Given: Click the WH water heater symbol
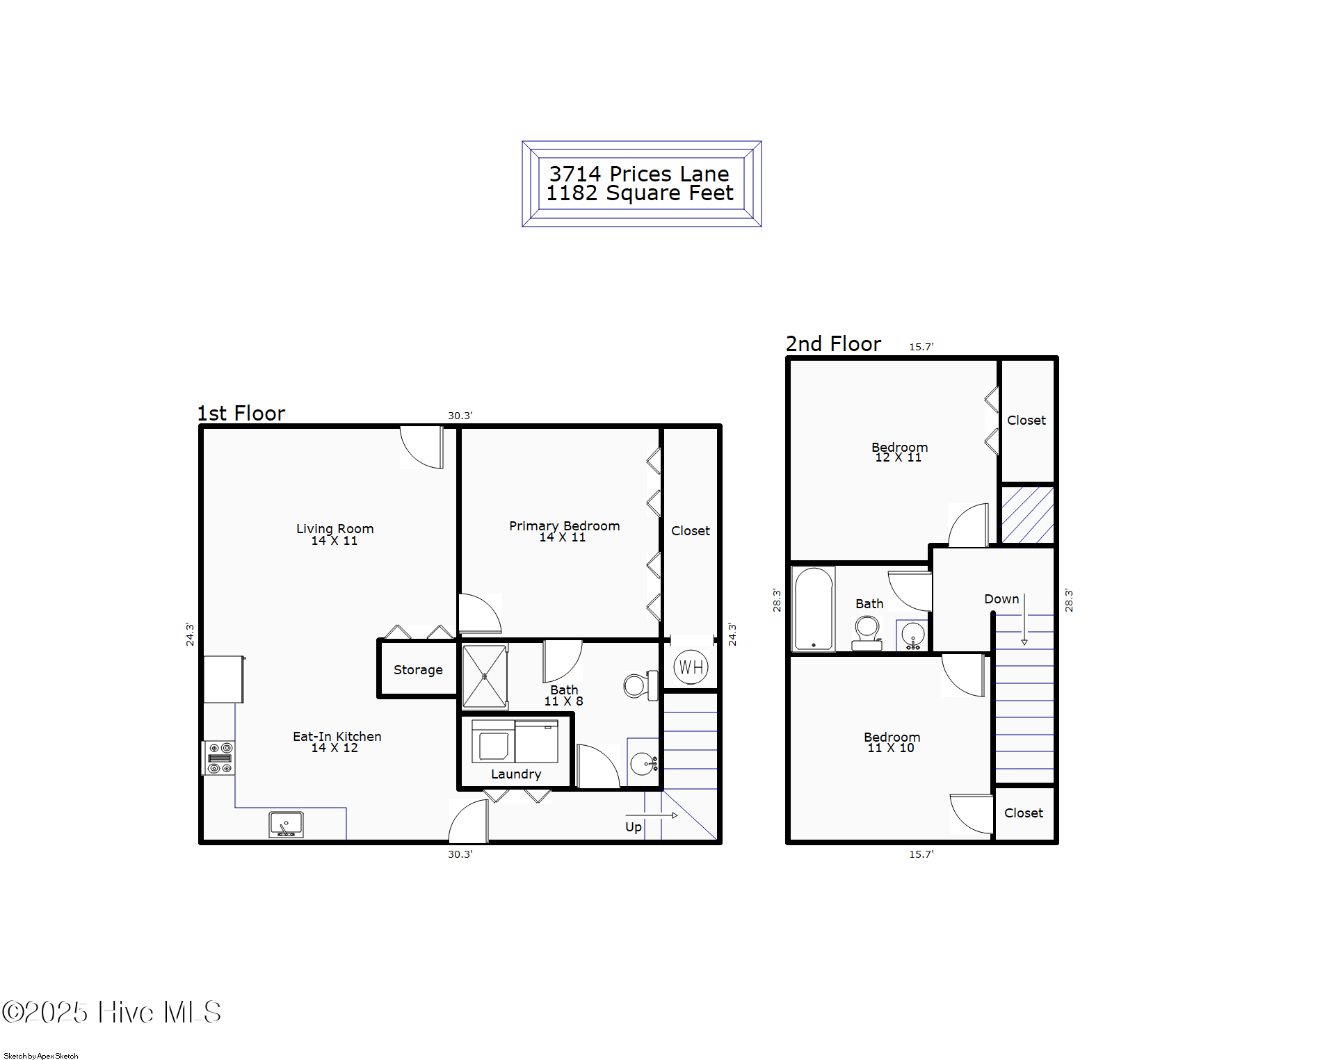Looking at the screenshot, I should [x=691, y=667].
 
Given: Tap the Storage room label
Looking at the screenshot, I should [x=418, y=670].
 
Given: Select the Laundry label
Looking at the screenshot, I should [x=516, y=774].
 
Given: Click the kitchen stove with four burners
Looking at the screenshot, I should [x=220, y=758].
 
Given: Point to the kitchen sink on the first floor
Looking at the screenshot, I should [x=287, y=824].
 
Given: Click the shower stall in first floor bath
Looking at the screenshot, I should [x=485, y=676].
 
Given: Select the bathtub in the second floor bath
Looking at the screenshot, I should [x=814, y=610].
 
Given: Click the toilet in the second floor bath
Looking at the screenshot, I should [x=867, y=633].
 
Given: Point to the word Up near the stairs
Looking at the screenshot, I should [x=633, y=827].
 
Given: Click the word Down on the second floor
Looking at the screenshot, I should [x=1001, y=599].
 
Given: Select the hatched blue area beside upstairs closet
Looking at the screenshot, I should [x=1027, y=515].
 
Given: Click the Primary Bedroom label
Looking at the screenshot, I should [x=564, y=526].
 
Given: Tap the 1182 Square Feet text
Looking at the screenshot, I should [x=640, y=193].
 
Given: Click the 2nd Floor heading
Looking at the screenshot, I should [x=833, y=344].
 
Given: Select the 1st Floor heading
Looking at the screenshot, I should [x=241, y=414].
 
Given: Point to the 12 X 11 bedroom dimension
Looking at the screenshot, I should [x=898, y=457].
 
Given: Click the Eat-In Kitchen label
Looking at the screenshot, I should [x=337, y=737].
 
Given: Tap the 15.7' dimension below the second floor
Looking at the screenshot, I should [x=921, y=854].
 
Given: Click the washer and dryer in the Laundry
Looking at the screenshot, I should [x=515, y=742].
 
